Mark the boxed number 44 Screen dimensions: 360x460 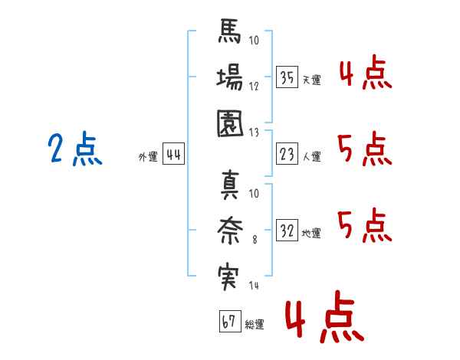tap(173, 155)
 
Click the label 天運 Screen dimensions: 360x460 tap(311, 80)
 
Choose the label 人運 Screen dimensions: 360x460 tap(311, 157)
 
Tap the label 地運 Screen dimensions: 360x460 tap(311, 233)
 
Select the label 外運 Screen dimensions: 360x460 tap(147, 157)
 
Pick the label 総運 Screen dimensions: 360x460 tap(254, 325)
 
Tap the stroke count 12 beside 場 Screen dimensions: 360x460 tap(254, 87)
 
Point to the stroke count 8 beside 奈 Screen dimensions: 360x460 tap(254, 240)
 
